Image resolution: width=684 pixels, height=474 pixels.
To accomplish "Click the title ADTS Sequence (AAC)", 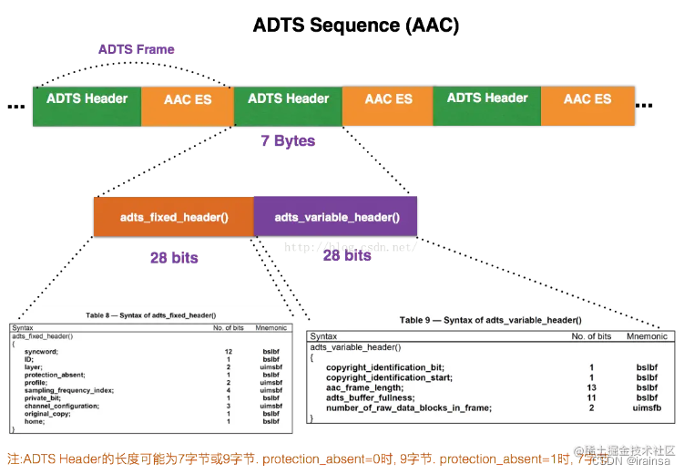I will pos(355,25).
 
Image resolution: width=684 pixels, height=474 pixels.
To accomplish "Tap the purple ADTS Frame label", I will pos(136,49).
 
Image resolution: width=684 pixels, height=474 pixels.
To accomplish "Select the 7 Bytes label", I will pos(287,140).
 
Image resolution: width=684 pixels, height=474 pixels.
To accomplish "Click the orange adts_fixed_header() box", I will pos(173,217).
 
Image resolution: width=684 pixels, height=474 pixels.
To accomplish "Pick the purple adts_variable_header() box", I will pos(336,217).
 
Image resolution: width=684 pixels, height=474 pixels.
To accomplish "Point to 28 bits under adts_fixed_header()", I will pos(174,258).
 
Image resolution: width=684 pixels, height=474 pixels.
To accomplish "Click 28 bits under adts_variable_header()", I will pos(347,256).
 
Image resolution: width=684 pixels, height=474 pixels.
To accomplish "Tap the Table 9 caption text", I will pos(490,320).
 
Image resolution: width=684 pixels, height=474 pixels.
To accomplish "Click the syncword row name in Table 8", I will pos(42,351).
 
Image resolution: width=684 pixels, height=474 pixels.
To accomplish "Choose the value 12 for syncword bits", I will pos(229,351).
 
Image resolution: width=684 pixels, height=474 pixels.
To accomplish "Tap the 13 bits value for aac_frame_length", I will pos(590,387).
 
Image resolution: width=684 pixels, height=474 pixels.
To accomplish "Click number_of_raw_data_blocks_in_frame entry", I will pos(409,407).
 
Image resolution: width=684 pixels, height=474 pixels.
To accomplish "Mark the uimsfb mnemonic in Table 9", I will pos(647,407).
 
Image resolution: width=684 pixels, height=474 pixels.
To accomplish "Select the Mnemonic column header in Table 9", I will pos(647,336).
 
